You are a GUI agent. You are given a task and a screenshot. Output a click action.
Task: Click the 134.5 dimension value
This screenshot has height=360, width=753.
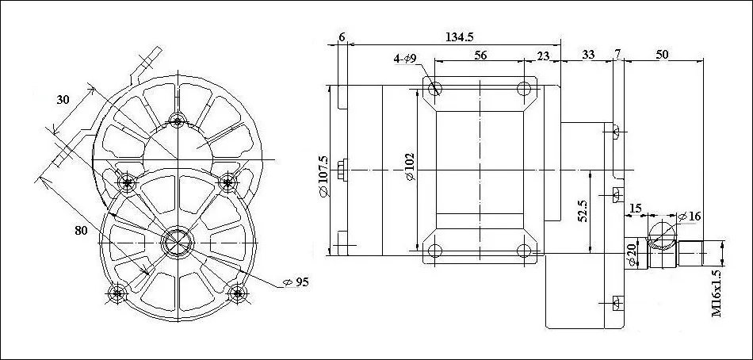click(460, 37)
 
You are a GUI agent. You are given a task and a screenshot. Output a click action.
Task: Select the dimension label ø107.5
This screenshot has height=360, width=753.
click(323, 169)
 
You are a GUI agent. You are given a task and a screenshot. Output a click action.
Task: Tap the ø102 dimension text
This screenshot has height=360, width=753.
click(409, 167)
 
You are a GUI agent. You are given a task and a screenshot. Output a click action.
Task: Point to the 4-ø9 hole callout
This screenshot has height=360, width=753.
click(409, 59)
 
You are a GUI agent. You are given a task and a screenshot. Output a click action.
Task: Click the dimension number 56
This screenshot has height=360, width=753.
click(480, 55)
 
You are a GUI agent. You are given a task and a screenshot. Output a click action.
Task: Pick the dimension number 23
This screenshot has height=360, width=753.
click(543, 55)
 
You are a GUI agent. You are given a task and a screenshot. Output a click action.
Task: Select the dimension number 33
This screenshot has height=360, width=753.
click(588, 55)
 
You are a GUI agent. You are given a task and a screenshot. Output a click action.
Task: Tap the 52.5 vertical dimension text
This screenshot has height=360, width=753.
click(583, 212)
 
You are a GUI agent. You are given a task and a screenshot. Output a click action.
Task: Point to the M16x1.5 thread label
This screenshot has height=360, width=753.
click(717, 293)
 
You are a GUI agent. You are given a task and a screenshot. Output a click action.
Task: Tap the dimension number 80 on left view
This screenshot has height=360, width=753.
click(81, 231)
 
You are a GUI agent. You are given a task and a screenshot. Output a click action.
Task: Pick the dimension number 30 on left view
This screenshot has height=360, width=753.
click(64, 100)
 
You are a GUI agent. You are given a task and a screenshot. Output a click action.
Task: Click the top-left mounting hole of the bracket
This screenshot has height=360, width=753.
click(434, 87)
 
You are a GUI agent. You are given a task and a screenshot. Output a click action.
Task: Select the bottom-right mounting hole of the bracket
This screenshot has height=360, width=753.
click(522, 251)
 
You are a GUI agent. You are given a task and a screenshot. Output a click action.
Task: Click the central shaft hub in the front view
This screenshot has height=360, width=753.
click(176, 242)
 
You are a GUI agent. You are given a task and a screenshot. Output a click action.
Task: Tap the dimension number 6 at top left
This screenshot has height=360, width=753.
click(342, 37)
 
